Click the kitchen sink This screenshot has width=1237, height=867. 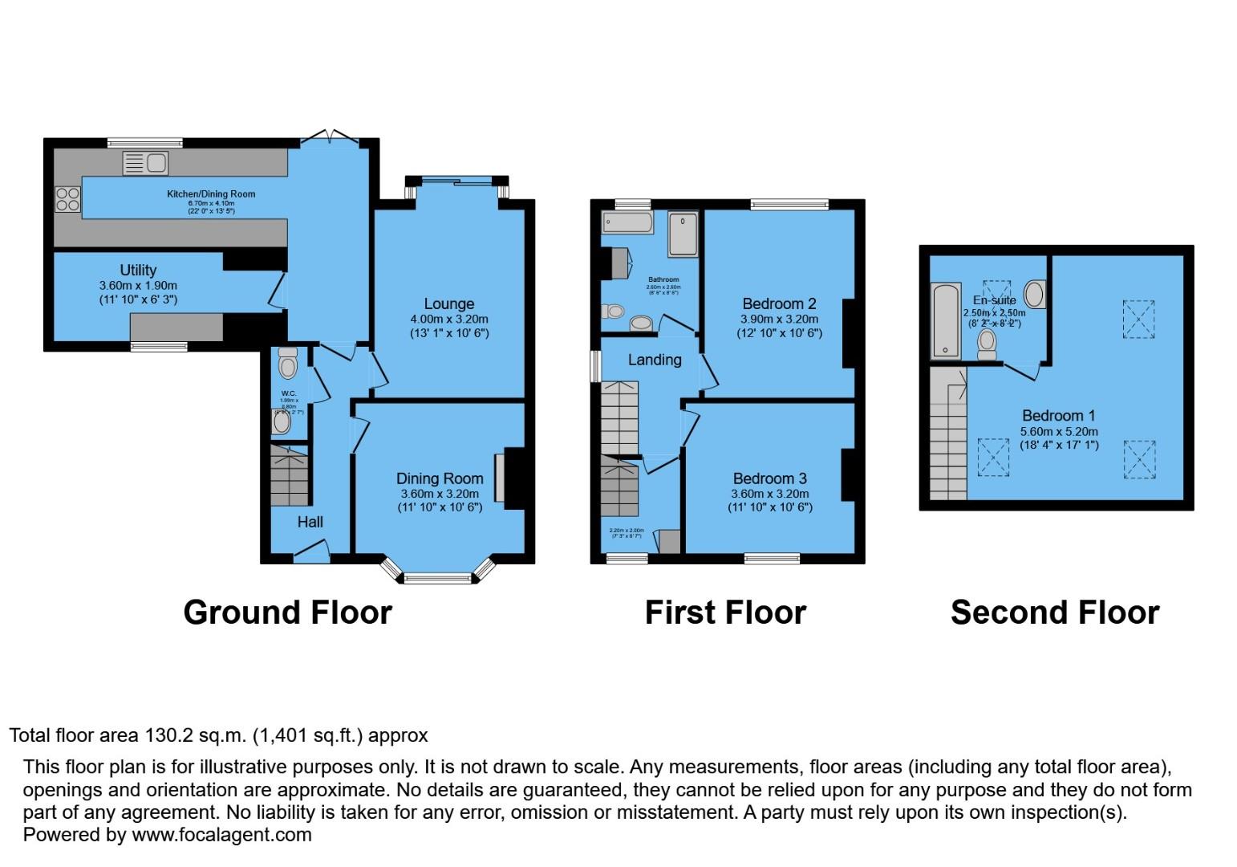tap(145, 163)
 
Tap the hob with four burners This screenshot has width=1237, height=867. tap(67, 198)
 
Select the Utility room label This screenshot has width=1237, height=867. tap(138, 271)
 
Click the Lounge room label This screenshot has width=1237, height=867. tap(448, 303)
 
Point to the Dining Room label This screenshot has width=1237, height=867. tap(440, 478)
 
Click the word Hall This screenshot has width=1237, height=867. tap(310, 522)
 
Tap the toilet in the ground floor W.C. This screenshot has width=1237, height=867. tap(287, 366)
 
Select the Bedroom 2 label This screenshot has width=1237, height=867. tap(779, 303)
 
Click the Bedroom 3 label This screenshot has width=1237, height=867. tap(769, 478)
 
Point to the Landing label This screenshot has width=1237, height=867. tap(654, 360)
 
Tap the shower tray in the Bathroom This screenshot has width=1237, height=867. tap(683, 234)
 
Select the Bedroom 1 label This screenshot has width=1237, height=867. tap(1058, 415)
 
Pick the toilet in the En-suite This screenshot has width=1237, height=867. tap(987, 344)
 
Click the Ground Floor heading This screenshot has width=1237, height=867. tap(287, 613)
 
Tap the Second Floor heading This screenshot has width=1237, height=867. tap(1054, 613)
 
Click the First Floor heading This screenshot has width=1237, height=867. tap(725, 613)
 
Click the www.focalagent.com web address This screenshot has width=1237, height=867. tap(221, 835)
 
